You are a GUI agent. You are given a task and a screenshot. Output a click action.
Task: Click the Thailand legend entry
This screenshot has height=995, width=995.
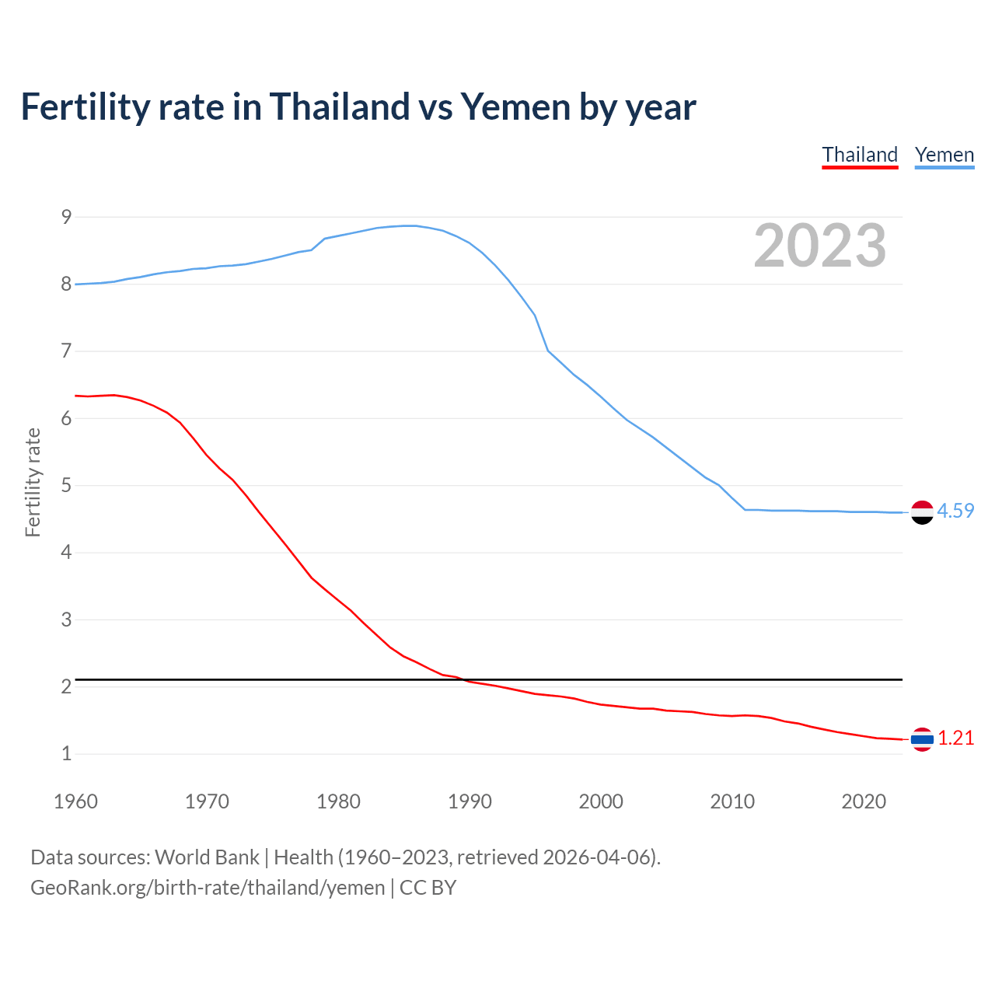pos(860,155)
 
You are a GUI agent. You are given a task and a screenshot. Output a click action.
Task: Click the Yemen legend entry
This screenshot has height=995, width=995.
pos(944,155)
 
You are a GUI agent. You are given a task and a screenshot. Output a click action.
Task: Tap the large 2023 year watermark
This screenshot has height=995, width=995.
pos(820,246)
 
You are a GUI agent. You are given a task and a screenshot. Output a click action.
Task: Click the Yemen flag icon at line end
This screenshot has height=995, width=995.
pos(922,512)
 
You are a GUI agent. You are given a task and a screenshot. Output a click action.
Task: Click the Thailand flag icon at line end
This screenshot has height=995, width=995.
pos(922,739)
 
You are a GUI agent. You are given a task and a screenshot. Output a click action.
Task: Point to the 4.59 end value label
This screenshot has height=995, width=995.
pos(955,511)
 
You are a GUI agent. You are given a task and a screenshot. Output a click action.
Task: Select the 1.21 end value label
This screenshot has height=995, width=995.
pos(955,738)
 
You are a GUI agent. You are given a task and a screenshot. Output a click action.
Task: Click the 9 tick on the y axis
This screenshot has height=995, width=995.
pos(66,217)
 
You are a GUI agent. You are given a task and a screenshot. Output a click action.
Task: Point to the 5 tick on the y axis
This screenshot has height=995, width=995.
pos(66,486)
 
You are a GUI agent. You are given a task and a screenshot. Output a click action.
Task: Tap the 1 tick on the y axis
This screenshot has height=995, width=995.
pos(66,753)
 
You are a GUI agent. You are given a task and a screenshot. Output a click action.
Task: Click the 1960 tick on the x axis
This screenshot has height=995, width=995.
pos(75,801)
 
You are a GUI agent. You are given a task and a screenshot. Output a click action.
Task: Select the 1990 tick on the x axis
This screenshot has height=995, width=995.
pos(470,801)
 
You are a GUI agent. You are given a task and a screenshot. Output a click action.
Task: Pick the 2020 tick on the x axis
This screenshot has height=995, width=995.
pos(864,801)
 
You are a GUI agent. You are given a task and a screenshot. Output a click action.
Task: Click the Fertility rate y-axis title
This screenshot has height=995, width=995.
pos(33,482)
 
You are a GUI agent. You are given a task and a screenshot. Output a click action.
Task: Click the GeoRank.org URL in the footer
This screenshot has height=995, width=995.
pos(208,887)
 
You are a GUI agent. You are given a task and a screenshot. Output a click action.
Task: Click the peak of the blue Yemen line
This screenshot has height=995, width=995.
pos(410,225)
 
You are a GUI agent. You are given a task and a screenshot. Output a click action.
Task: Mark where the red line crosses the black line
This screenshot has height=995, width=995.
pos(464,680)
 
